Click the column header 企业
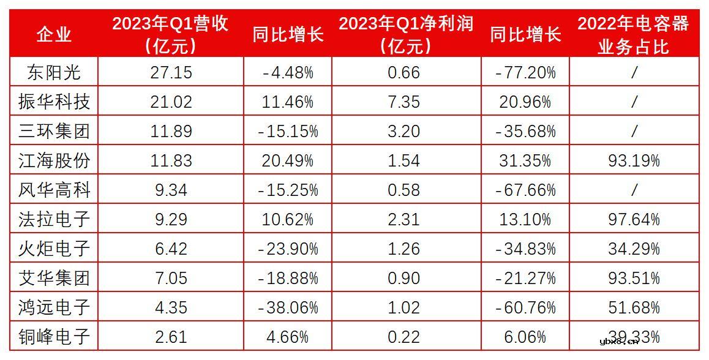pyautogui.click(x=54, y=34)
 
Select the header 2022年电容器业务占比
pyautogui.click(x=633, y=34)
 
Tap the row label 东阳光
pyautogui.click(x=54, y=72)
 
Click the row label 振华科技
pyautogui.click(x=54, y=102)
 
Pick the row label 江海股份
pyautogui.click(x=54, y=160)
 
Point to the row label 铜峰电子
pyautogui.click(x=54, y=337)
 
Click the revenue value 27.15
pyautogui.click(x=171, y=72)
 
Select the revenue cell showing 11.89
pyautogui.click(x=171, y=131)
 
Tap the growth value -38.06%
pyautogui.click(x=288, y=307)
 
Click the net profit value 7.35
pyautogui.click(x=404, y=102)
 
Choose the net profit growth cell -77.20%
pyautogui.click(x=525, y=72)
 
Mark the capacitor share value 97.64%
pyautogui.click(x=633, y=219)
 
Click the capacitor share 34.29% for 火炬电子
pyautogui.click(x=633, y=249)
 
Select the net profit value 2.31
pyautogui.click(x=404, y=219)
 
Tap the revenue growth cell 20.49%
pyautogui.click(x=288, y=160)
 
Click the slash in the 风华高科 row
pyautogui.click(x=634, y=190)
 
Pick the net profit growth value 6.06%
pyautogui.click(x=525, y=337)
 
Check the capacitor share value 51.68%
pyautogui.click(x=633, y=307)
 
